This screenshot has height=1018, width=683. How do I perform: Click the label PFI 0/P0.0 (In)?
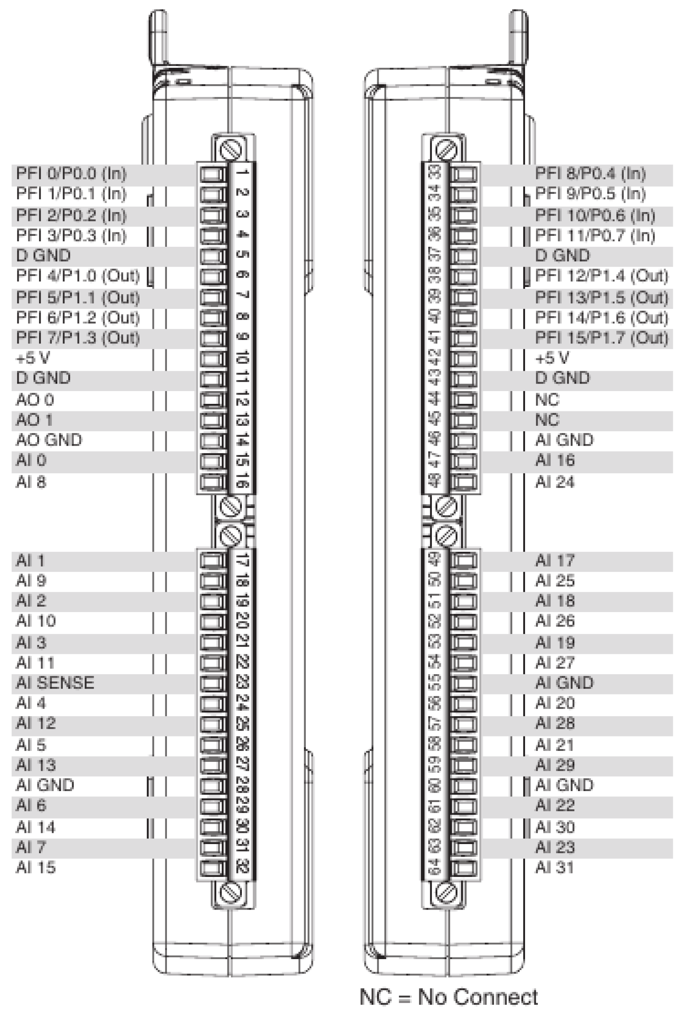coord(71,174)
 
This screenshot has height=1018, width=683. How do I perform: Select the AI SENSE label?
coord(55,683)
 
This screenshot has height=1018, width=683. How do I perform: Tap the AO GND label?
coord(49,440)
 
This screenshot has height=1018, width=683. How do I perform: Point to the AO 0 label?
coord(35,400)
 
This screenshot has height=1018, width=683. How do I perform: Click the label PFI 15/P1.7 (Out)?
coord(601,338)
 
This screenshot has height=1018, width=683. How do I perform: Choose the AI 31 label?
coord(555,868)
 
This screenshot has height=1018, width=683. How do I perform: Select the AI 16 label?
coord(555,460)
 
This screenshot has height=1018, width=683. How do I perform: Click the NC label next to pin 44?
coord(547,400)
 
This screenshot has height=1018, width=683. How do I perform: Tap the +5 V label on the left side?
coord(33,358)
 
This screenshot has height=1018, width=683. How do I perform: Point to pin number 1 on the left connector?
coord(242,172)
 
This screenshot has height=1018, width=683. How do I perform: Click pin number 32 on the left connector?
coord(242,867)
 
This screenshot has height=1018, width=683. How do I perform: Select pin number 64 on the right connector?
coord(434,867)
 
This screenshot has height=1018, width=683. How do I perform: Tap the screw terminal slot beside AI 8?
coord(213,482)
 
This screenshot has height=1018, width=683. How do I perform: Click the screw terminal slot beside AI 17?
coord(463,560)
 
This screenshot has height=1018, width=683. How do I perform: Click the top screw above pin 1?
coord(231,150)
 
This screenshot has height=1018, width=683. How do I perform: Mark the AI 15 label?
coord(36,868)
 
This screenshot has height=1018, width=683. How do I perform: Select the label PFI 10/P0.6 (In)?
coord(594,215)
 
